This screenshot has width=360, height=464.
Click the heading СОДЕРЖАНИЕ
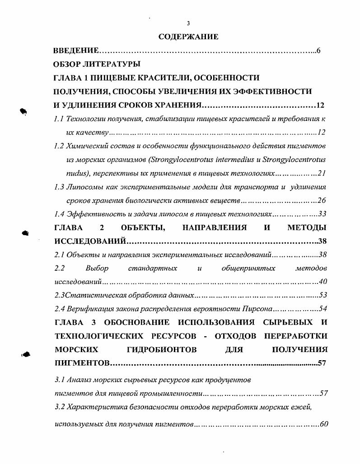tap(188, 37)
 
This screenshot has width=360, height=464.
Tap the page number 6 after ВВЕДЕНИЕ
tap(318, 51)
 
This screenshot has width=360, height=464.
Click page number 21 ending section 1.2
tap(322, 173)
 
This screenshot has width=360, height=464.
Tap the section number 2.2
tap(59, 268)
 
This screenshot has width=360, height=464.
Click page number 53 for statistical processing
tap(323, 295)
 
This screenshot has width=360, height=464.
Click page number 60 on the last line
tap(323, 424)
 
